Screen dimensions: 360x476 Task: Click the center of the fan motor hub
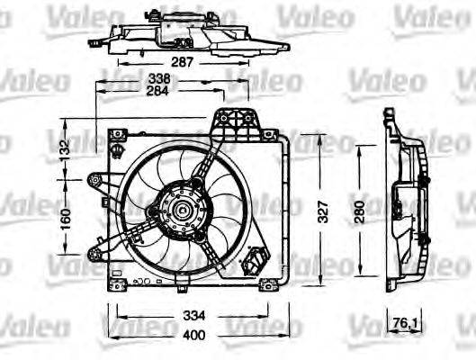click(181, 214)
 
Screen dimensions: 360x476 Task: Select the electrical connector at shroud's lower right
click(257, 261)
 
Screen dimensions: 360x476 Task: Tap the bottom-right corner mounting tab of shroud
click(267, 285)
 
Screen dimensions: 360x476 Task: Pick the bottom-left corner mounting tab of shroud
click(117, 285)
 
